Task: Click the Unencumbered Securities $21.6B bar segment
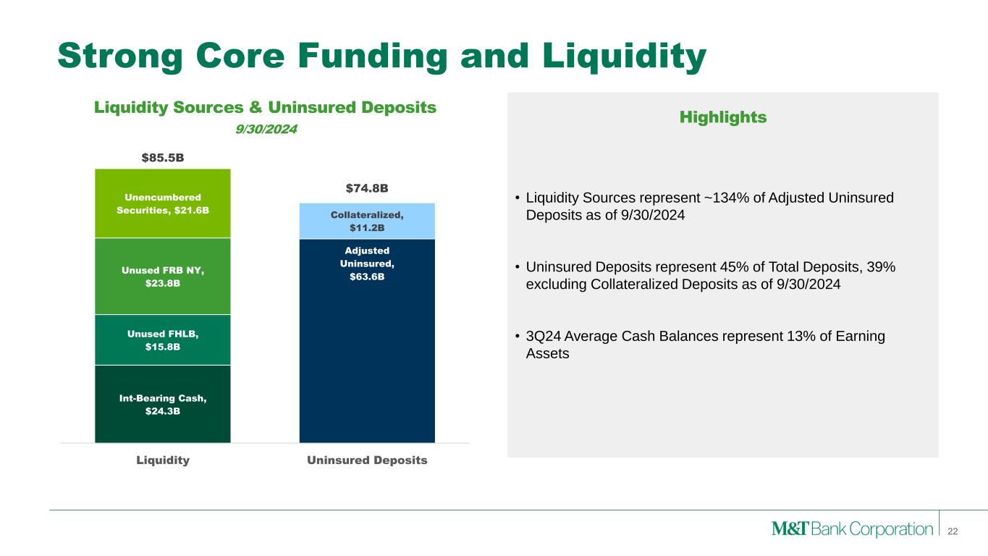pos(162,203)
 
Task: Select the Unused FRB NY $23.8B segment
pos(162,277)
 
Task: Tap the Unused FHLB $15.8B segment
pos(162,340)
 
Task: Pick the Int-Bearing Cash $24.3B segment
pos(162,404)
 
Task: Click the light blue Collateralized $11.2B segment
pos(367,221)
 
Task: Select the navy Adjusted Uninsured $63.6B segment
pos(367,341)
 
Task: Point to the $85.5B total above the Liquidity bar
pos(163,158)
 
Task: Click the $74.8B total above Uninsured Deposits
pos(367,188)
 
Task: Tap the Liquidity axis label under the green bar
pos(163,460)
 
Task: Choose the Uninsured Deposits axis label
pos(367,460)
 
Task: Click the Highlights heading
pos(723,117)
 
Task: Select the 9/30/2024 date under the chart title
pos(266,129)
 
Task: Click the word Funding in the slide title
pos(373,56)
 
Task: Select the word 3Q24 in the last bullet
pos(543,336)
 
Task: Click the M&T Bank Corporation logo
pos(852,528)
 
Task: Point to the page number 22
pos(953,531)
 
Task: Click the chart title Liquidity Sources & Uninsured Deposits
pos(265,107)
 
